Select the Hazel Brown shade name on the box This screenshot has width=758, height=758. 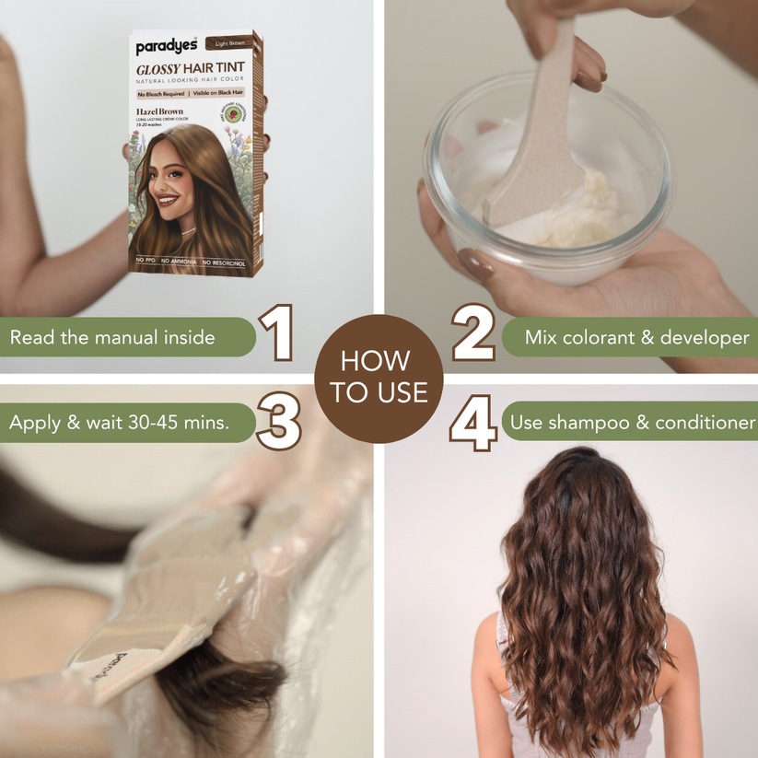pyautogui.click(x=159, y=111)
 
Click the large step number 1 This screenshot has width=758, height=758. pyautogui.click(x=275, y=334)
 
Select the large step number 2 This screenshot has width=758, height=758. pyautogui.click(x=472, y=334)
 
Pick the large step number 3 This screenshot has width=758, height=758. pyautogui.click(x=277, y=422)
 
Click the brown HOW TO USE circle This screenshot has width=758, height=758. pyautogui.click(x=379, y=379)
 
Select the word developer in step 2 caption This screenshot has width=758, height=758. pyautogui.click(x=709, y=338)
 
